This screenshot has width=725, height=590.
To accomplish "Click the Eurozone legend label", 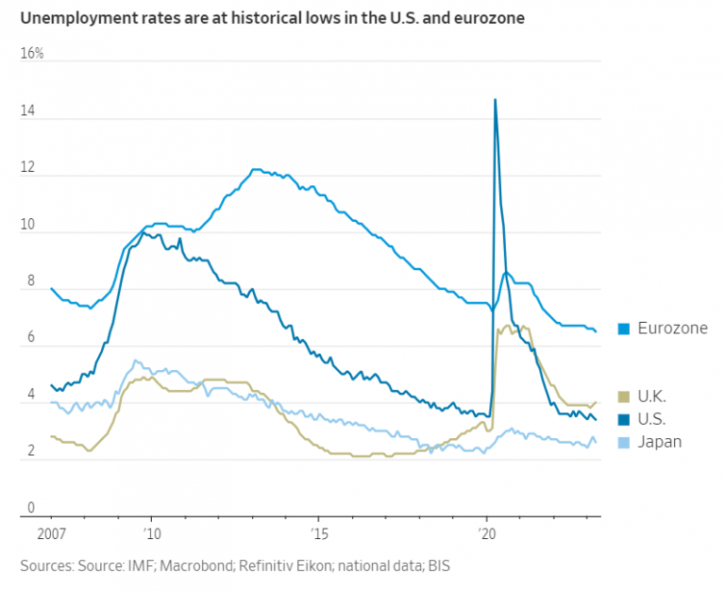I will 672,329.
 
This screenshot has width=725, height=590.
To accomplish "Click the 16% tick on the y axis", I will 32,54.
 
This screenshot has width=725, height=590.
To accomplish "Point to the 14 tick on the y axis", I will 29,111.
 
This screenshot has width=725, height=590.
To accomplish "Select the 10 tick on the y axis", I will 29,225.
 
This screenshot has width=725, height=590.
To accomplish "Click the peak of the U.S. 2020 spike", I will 495,99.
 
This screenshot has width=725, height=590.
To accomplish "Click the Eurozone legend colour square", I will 624,329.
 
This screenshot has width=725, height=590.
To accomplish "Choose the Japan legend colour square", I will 624,441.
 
